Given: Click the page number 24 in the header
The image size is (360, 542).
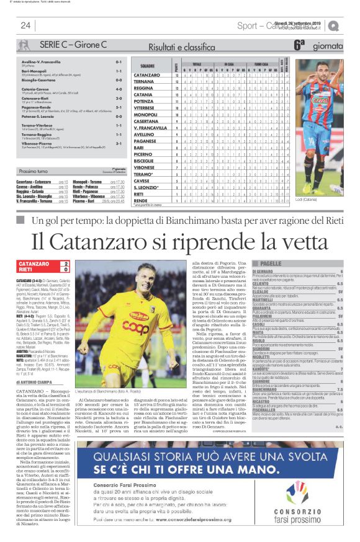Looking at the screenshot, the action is [25, 25].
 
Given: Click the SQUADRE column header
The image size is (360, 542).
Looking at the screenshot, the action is [147, 65].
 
